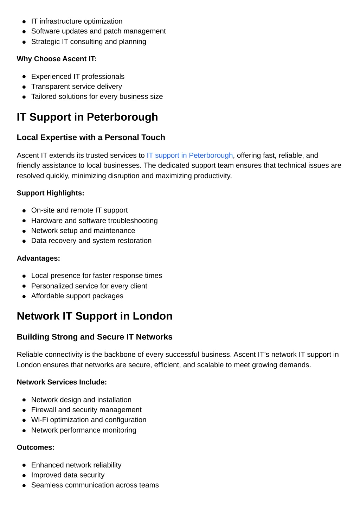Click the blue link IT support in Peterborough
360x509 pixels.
pos(189,155)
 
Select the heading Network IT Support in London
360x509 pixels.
pos(95,316)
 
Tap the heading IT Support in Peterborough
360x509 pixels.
pos(87,117)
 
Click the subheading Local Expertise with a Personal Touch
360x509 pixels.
pos(91,137)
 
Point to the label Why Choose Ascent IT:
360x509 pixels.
pos(57,59)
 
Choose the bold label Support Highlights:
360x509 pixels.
pos(50,193)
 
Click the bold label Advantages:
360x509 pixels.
pos(38,258)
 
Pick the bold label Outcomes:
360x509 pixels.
pos(36,447)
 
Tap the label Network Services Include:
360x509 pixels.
pos(62,382)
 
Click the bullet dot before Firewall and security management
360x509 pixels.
pos(24,410)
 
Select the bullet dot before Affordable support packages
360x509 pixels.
pos(24,296)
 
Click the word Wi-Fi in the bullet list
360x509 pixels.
pos(39,420)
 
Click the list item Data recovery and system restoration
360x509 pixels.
pos(91,241)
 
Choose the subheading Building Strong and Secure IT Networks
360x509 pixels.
pos(95,337)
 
